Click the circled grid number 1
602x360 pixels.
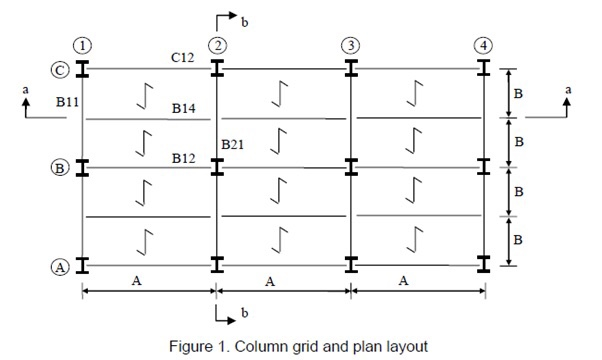pyautogui.click(x=83, y=46)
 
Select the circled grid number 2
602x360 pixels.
pyautogui.click(x=217, y=46)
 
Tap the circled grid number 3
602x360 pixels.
pyautogui.click(x=351, y=46)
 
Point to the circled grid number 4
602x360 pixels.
pyautogui.click(x=484, y=46)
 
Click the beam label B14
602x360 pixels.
pyautogui.click(x=183, y=108)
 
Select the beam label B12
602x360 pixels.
pyautogui.click(x=183, y=157)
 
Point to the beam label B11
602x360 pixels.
pyautogui.click(x=68, y=102)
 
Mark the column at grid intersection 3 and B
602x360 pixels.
pyautogui.click(x=351, y=167)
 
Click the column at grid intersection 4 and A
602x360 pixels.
pyautogui.click(x=484, y=265)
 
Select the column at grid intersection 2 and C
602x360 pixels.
pyautogui.click(x=217, y=69)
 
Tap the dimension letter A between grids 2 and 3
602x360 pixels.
pyautogui.click(x=270, y=282)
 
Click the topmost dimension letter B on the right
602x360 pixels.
pyautogui.click(x=518, y=93)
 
